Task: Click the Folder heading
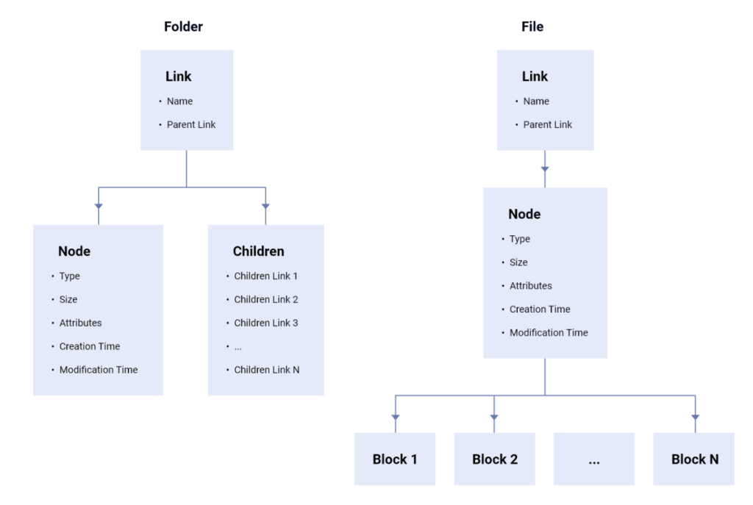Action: [x=183, y=27]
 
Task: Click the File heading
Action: [x=532, y=27]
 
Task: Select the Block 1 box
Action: [x=395, y=459]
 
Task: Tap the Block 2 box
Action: [x=494, y=459]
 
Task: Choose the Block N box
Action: [x=694, y=459]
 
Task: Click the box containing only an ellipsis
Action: [x=594, y=459]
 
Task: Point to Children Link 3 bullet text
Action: [x=265, y=323]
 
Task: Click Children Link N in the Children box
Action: [x=266, y=370]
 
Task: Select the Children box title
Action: [x=258, y=251]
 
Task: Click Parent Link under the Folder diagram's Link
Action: [x=190, y=125]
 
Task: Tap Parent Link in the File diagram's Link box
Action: [x=547, y=125]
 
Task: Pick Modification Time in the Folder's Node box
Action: [x=98, y=370]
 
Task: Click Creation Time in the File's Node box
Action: [x=539, y=309]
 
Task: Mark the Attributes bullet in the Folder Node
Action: [x=80, y=323]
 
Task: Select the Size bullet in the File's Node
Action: [x=518, y=262]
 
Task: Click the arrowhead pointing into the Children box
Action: [x=265, y=206]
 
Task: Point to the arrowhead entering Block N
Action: [x=695, y=417]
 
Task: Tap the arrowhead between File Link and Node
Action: [x=545, y=170]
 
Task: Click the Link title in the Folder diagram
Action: [x=178, y=76]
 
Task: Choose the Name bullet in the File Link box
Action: [x=535, y=101]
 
